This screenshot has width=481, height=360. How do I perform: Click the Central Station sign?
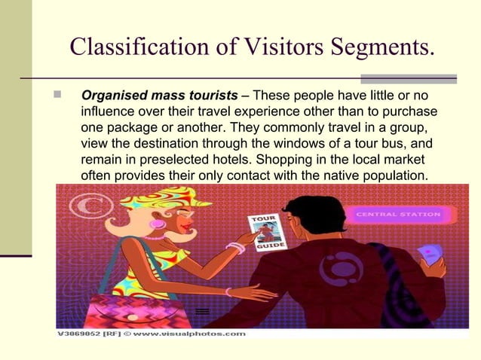(x=397, y=215)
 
